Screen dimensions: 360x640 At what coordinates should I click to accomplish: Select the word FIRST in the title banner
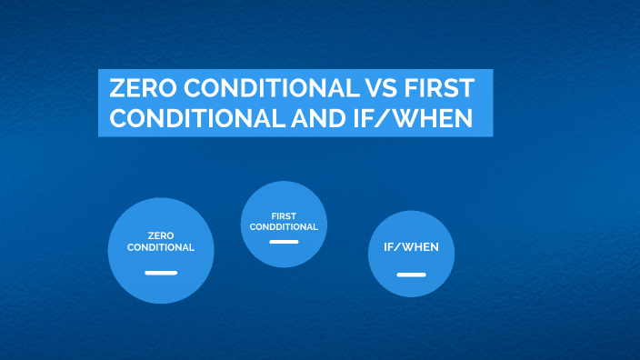[440, 88]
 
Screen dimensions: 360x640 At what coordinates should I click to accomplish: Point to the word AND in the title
[321, 118]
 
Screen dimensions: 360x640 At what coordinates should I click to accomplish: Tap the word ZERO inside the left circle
[161, 235]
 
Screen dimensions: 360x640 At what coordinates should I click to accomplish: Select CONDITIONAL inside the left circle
[161, 246]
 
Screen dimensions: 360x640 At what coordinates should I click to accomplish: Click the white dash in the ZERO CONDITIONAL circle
[161, 272]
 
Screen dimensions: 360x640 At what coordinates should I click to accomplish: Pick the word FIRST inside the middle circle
[285, 216]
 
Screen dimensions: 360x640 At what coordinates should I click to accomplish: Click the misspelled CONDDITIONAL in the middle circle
[285, 226]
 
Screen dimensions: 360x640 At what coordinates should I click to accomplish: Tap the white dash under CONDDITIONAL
[285, 242]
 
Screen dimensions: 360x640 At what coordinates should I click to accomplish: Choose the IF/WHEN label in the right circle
[411, 248]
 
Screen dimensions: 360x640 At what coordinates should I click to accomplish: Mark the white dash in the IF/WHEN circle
[411, 274]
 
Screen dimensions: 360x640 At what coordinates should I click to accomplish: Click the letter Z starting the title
[115, 88]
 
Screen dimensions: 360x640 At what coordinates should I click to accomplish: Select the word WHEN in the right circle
[418, 248]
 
